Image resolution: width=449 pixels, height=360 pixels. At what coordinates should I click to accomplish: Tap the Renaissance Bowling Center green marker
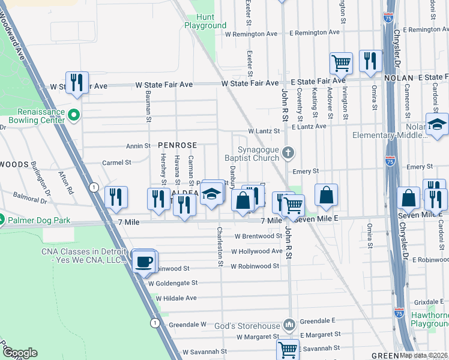[x=74, y=114]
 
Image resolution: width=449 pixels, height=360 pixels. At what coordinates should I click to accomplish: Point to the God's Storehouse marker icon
[x=289, y=325]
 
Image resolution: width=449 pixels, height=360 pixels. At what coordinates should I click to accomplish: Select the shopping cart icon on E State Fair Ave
[x=341, y=63]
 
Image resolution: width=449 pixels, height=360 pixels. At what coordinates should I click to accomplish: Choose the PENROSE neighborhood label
[x=177, y=145]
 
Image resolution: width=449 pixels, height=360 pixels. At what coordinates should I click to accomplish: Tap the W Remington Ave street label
[x=251, y=34]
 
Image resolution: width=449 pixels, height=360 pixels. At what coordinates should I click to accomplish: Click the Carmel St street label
[x=116, y=163]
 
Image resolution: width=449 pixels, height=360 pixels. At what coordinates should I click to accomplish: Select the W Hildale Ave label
[x=176, y=298]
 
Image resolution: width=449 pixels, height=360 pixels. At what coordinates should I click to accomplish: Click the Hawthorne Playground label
[x=430, y=319]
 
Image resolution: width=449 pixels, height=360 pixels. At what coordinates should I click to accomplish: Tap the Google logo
[x=20, y=353]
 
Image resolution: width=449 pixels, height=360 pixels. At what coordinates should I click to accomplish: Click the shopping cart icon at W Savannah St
[x=288, y=349]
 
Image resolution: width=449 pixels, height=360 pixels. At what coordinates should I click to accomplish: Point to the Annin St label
[x=137, y=146]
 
